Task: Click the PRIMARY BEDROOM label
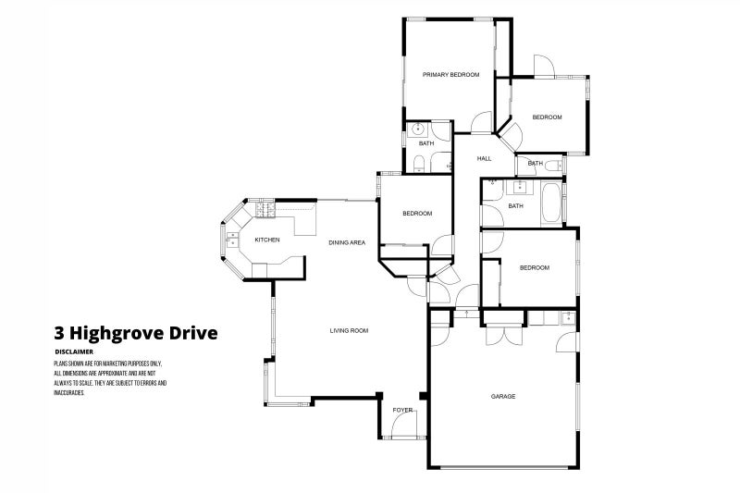click(450, 74)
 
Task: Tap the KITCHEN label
click(267, 240)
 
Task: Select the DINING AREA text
click(347, 242)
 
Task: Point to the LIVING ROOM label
click(350, 330)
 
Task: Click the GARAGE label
click(502, 396)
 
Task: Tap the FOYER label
click(402, 409)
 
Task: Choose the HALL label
click(484, 159)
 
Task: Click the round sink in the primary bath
click(417, 129)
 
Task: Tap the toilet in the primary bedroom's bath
click(419, 165)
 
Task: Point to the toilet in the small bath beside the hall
click(552, 165)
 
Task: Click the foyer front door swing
click(404, 427)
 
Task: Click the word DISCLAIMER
click(73, 351)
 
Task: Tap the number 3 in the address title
click(59, 332)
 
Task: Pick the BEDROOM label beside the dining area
click(416, 214)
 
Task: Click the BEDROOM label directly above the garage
click(534, 268)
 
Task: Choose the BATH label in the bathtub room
click(515, 206)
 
